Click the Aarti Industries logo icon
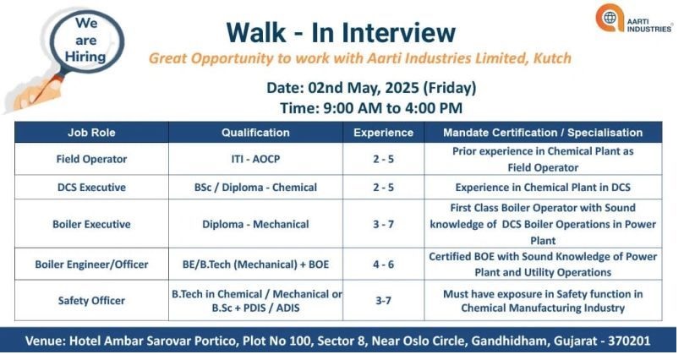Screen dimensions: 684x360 [610, 18]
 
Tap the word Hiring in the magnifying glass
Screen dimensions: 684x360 [85, 57]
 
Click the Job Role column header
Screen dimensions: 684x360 [91, 133]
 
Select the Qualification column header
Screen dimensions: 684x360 [255, 133]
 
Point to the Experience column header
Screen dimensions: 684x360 [384, 133]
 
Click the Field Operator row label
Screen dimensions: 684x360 [91, 159]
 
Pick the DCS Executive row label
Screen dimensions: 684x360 [91, 188]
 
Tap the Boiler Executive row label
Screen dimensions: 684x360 [91, 224]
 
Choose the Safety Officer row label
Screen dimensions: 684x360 [91, 300]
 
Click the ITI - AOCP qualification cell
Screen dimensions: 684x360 [255, 159]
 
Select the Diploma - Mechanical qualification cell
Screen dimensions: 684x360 [255, 224]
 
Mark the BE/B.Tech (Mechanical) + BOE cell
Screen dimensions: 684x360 [255, 265]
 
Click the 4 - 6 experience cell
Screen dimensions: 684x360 [384, 265]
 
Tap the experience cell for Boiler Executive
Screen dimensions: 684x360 [384, 224]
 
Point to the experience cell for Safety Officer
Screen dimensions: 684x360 [384, 300]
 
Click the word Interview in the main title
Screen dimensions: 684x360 [384, 33]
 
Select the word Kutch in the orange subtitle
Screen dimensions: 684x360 [552, 58]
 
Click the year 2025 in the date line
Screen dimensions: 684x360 [401, 88]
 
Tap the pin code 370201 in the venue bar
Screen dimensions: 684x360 [629, 341]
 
